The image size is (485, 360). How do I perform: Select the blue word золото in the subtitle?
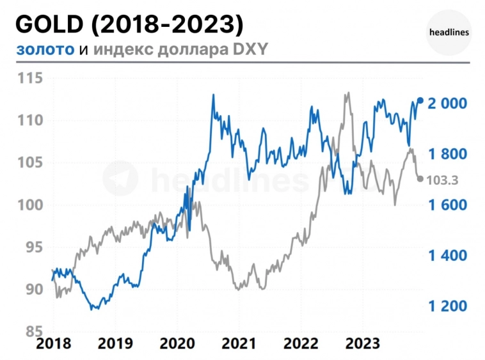tap(45, 49)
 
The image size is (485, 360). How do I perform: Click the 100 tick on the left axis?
tap(29, 205)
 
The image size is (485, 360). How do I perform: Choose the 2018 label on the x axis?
tap(54, 344)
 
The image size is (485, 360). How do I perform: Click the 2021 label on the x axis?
tap(239, 344)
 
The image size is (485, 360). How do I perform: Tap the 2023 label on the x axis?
tap(363, 344)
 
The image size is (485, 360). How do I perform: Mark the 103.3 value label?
tap(442, 180)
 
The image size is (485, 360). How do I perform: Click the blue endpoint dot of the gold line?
tap(420, 100)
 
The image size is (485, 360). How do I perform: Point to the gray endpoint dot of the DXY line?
tap(420, 179)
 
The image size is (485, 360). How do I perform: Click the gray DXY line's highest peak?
tap(347, 93)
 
